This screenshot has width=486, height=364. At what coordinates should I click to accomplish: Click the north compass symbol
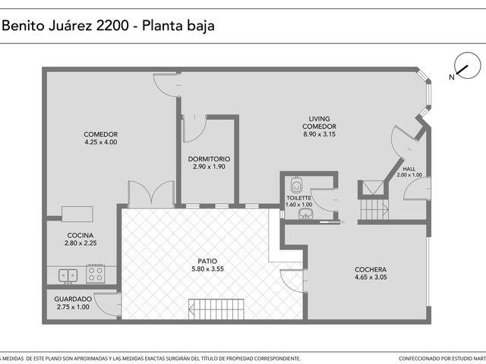tap(468, 66)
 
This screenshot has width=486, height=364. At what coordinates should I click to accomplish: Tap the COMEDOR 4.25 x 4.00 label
tap(101, 138)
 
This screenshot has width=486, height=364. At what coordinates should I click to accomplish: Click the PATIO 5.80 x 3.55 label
tap(207, 265)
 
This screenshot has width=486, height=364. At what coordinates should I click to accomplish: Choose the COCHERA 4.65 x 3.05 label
tap(371, 273)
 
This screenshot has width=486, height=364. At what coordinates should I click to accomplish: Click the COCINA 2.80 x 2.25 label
tap(80, 239)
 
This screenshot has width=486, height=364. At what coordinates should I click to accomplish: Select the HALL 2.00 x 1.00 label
tap(409, 172)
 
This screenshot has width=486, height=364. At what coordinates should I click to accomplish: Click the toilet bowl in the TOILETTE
tap(297, 185)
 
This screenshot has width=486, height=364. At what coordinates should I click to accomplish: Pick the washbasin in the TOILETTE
tap(306, 214)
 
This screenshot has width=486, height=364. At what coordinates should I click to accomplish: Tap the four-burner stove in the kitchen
tap(96, 274)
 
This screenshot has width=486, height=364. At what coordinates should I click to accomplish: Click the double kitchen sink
tap(68, 275)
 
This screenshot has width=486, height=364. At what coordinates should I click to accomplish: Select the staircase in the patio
tap(216, 309)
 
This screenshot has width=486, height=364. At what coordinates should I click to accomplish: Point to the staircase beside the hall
tap(374, 209)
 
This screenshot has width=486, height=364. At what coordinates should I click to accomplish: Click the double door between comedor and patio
tap(151, 194)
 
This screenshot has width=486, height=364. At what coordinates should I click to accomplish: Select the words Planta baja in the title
tap(178, 26)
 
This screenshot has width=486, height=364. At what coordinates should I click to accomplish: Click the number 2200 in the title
tap(112, 25)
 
